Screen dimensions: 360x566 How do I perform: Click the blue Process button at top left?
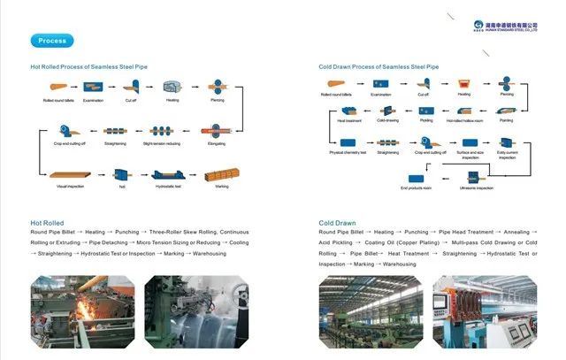pyautogui.click(x=52, y=41)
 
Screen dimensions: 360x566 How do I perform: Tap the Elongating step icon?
pyautogui.click(x=216, y=130)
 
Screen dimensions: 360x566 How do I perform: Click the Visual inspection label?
pyautogui.click(x=68, y=187)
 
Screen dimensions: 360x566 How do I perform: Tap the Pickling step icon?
pyautogui.click(x=426, y=111)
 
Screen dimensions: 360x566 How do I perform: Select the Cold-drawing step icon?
pyautogui.click(x=386, y=111)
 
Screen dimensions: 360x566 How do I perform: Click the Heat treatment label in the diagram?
pyautogui.click(x=349, y=120)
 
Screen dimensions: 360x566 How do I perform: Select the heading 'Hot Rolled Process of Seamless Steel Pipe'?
pyautogui.click(x=89, y=66)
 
